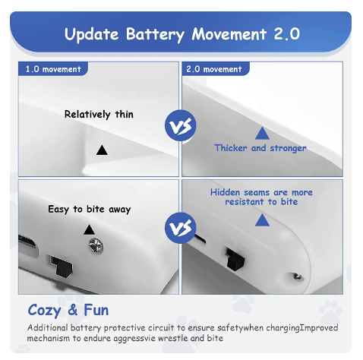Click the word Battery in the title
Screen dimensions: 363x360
pyautogui.click(x=155, y=34)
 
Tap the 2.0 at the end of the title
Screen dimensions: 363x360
pyautogui.click(x=286, y=33)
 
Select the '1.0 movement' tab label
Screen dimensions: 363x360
pyautogui.click(x=53, y=69)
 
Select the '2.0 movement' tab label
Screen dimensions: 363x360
pyautogui.click(x=214, y=69)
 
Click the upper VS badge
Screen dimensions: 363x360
pyautogui.click(x=181, y=125)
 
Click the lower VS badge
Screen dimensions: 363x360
pyautogui.click(x=181, y=228)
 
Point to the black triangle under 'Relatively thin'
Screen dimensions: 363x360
pyautogui.click(x=102, y=150)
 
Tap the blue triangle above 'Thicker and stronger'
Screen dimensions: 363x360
pyautogui.click(x=262, y=134)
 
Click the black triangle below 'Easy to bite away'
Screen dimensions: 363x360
pyautogui.click(x=89, y=230)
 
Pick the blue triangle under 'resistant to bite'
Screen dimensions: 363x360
pyautogui.click(x=262, y=219)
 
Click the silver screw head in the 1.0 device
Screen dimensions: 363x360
pyautogui.click(x=96, y=246)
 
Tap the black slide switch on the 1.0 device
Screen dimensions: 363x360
pyautogui.click(x=62, y=266)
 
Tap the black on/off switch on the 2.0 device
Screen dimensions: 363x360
pyautogui.click(x=235, y=259)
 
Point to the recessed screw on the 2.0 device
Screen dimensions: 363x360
pyautogui.click(x=298, y=277)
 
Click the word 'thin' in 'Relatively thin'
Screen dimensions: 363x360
pyautogui.click(x=125, y=115)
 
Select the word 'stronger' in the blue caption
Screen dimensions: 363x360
pyautogui.click(x=288, y=148)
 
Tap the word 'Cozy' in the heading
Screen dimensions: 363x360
pyautogui.click(x=44, y=311)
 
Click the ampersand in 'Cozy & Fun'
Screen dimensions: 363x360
pyautogui.click(x=73, y=310)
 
